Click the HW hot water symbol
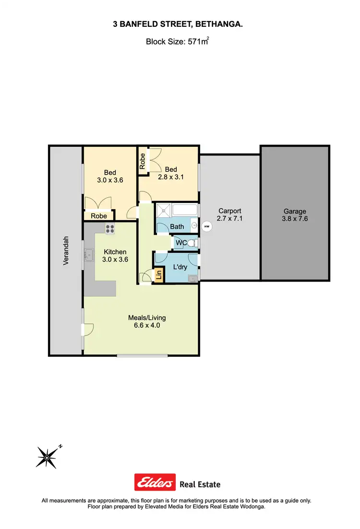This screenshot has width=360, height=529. click(207, 226)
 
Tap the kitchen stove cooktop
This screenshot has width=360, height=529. click(110, 229)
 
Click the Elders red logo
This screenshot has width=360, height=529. click(155, 483)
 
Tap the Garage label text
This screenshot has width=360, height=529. click(294, 211)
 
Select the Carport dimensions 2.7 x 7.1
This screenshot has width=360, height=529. click(229, 219)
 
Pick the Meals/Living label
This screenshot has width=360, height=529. click(147, 317)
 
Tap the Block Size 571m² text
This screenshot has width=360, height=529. click(177, 42)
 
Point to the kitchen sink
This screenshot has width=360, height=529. click(89, 254)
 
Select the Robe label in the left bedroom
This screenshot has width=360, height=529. click(99, 216)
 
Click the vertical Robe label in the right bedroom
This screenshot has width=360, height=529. click(143, 161)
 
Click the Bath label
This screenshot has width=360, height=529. click(177, 226)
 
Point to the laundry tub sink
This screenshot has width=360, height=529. click(193, 278)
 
